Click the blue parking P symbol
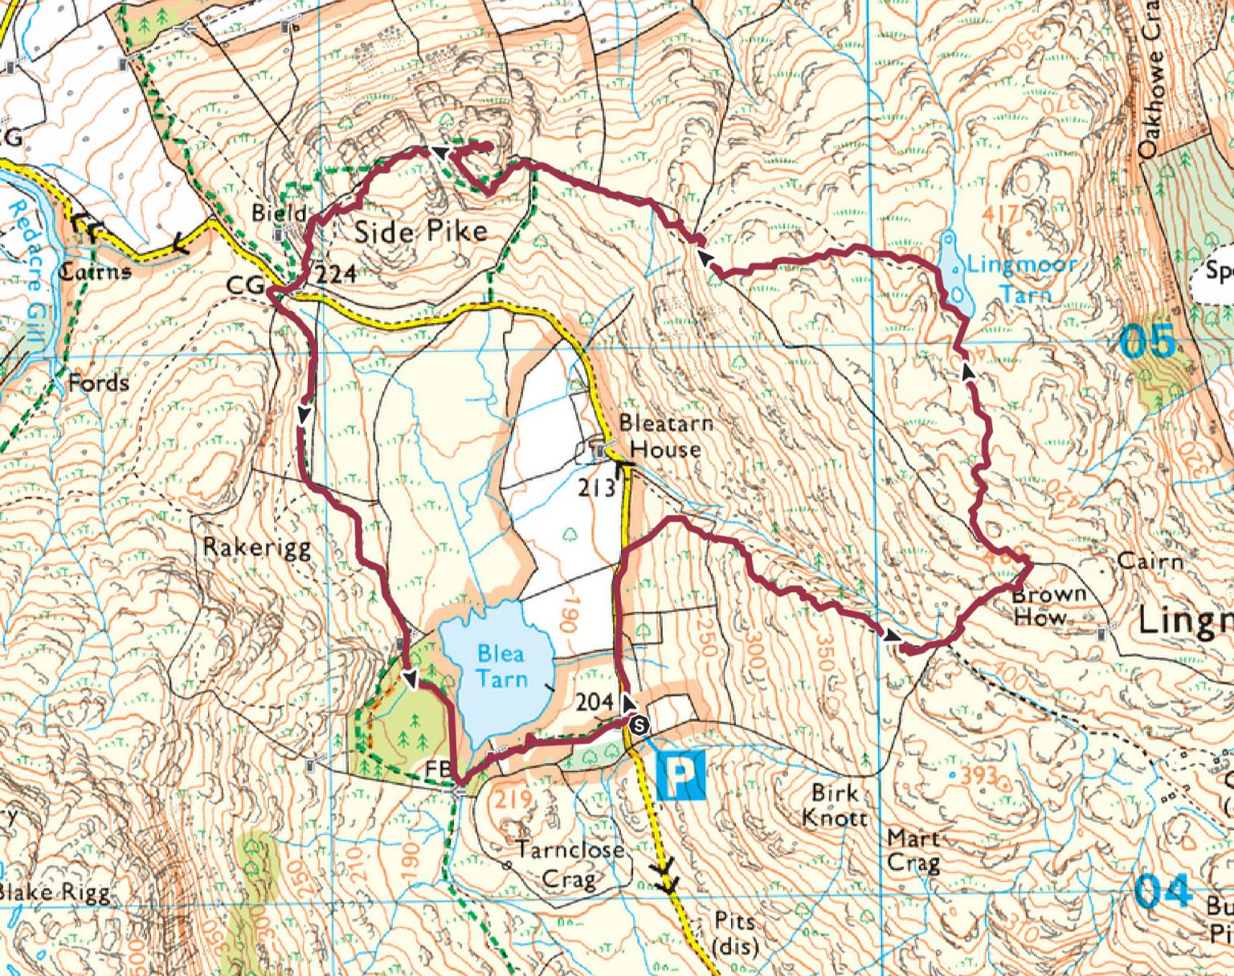tap(680, 775)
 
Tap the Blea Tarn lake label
tap(501, 666)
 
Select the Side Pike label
tap(420, 232)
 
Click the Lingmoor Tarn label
tap(1021, 278)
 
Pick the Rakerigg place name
tap(256, 548)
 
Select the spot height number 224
tap(335, 275)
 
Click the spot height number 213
tap(596, 488)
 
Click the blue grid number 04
tap(1162, 891)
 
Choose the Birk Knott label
tap(835, 804)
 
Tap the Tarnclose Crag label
tap(570, 864)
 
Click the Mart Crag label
tap(913, 851)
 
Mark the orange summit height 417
tap(999, 214)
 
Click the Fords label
tap(98, 382)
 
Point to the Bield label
tap(279, 213)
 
